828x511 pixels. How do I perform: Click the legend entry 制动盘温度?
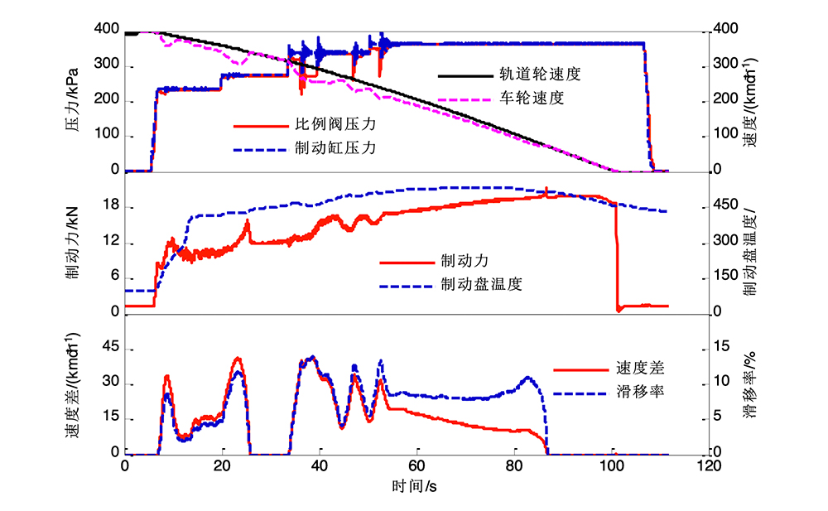pyautogui.click(x=481, y=284)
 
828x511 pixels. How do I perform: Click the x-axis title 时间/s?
pyautogui.click(x=414, y=486)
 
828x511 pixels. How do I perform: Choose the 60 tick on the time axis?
pyautogui.click(x=416, y=466)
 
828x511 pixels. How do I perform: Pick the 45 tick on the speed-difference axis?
pyautogui.click(x=110, y=349)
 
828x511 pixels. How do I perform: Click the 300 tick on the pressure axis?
pyautogui.click(x=106, y=65)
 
